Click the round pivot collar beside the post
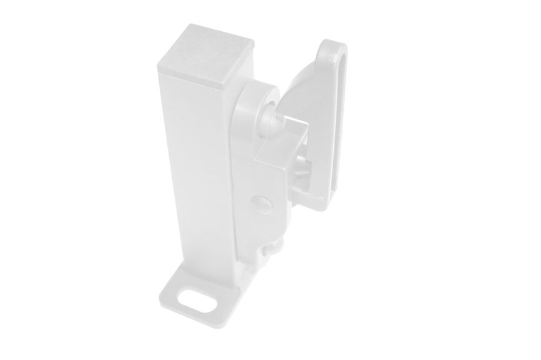[256, 109]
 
